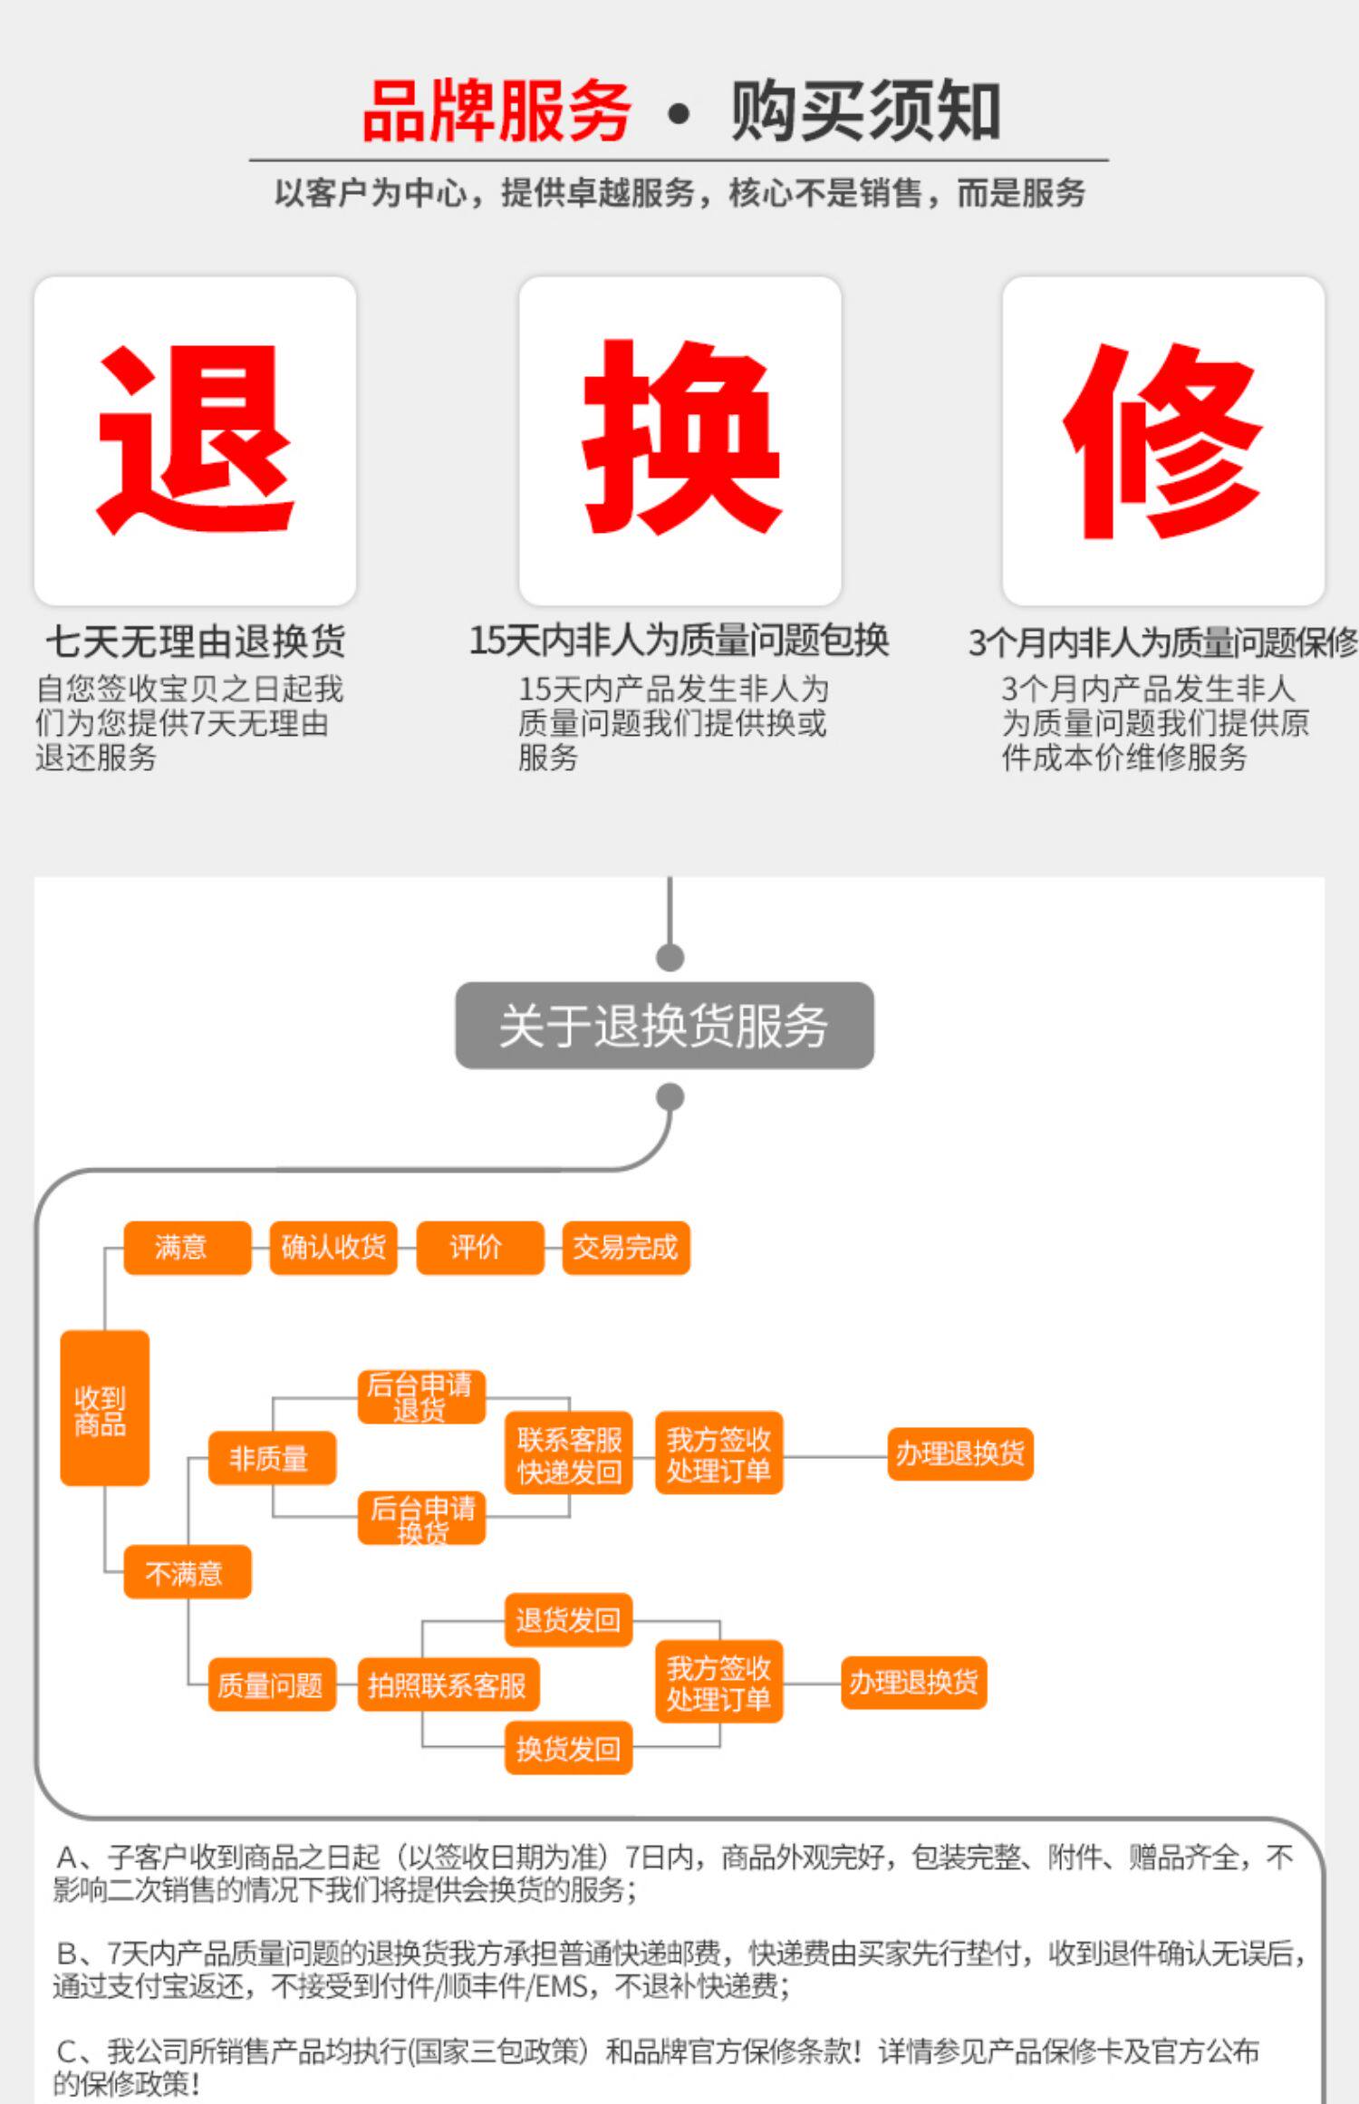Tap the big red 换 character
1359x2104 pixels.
[681, 438]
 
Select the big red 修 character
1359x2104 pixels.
[1162, 440]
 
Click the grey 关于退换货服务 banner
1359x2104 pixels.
[664, 1026]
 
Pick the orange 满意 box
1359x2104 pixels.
[187, 1248]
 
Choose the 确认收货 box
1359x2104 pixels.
[333, 1248]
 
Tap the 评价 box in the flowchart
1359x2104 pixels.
[479, 1248]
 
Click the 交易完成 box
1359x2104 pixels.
[625, 1248]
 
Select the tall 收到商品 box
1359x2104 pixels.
[104, 1408]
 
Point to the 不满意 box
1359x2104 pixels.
[187, 1572]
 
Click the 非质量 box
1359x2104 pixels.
[271, 1458]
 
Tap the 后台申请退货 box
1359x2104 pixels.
[421, 1396]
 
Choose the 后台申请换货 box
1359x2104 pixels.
[421, 1518]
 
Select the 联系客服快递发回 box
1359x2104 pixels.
[569, 1453]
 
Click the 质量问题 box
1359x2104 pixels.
[271, 1684]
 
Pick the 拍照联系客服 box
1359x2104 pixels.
[448, 1684]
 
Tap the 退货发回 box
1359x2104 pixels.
[568, 1619]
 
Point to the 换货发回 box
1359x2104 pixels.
[568, 1748]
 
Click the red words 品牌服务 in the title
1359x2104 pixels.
[496, 111]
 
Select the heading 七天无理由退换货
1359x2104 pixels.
[196, 642]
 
